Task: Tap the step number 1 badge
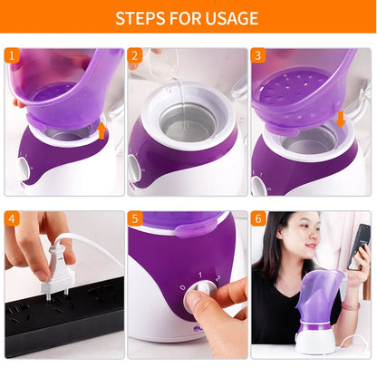pyautogui.click(x=13, y=56)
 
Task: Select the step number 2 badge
pyautogui.click(x=135, y=56)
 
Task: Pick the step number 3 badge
pyautogui.click(x=258, y=56)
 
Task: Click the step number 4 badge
pyautogui.click(x=13, y=219)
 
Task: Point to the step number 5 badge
pyautogui.click(x=135, y=219)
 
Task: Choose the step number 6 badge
pyautogui.click(x=258, y=219)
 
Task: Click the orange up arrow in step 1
pyautogui.click(x=102, y=130)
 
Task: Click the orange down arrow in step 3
pyautogui.click(x=340, y=119)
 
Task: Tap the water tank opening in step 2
pyautogui.click(x=187, y=118)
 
